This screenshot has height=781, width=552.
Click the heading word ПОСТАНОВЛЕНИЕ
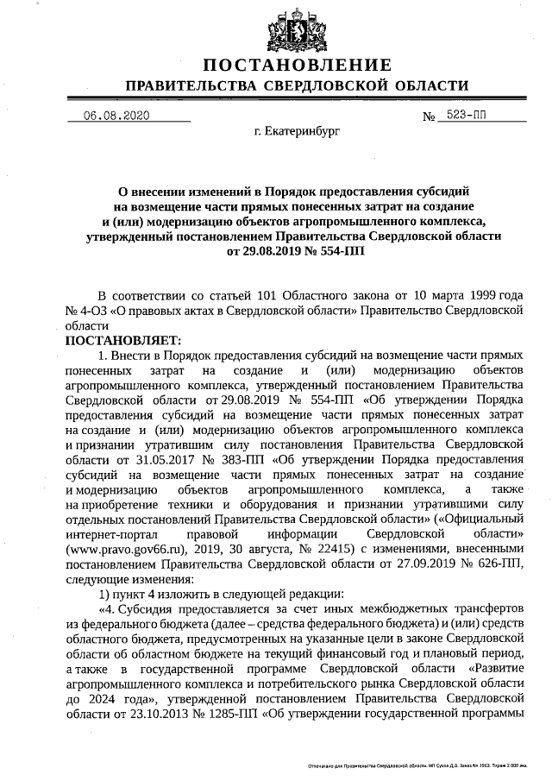(x=298, y=66)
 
